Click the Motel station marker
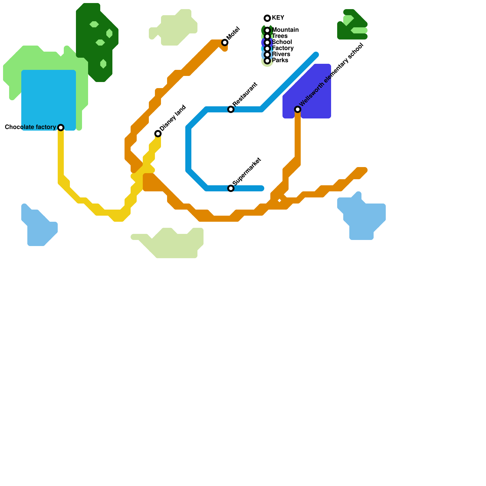(225, 43)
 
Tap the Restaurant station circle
(231, 109)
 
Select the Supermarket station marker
(231, 188)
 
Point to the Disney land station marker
(158, 134)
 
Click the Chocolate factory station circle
(61, 128)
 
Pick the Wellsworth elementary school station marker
(298, 109)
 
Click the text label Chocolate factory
(30, 127)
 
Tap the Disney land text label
(173, 118)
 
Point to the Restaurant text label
(245, 94)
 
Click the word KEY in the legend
(278, 18)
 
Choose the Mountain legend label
(285, 30)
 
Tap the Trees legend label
(280, 36)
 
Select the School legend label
(282, 42)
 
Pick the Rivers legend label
(281, 54)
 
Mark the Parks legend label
(280, 60)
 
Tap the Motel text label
(233, 33)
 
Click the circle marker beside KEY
(267, 18)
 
